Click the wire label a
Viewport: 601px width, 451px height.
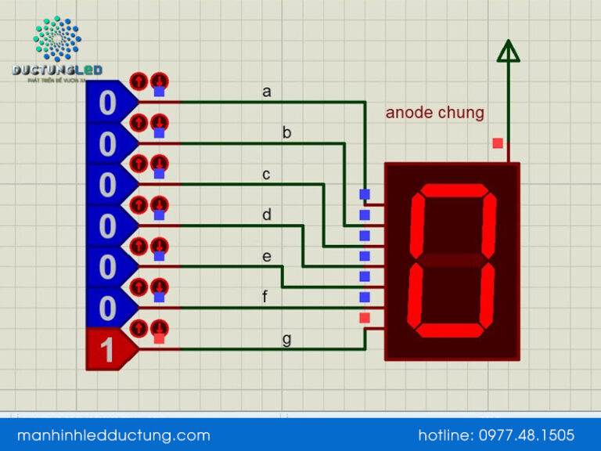pyautogui.click(x=267, y=92)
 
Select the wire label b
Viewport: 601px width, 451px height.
pyautogui.click(x=287, y=133)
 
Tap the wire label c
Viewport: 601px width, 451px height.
pyautogui.click(x=267, y=175)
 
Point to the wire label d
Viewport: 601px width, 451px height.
pyautogui.click(x=267, y=215)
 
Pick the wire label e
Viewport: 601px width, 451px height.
pyautogui.click(x=267, y=256)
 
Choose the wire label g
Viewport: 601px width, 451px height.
pyautogui.click(x=287, y=338)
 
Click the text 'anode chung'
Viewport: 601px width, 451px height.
pyautogui.click(x=434, y=113)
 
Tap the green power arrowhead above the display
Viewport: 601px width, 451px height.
pyautogui.click(x=509, y=51)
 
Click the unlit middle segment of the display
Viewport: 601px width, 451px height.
pyautogui.click(x=453, y=259)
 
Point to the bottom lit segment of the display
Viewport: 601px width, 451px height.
pyautogui.click(x=449, y=329)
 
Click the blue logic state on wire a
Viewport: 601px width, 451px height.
pyautogui.click(x=107, y=103)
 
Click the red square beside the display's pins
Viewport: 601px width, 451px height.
pyautogui.click(x=364, y=318)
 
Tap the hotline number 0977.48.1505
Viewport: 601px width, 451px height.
pyautogui.click(x=496, y=435)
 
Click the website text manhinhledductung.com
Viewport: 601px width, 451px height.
pyautogui.click(x=113, y=435)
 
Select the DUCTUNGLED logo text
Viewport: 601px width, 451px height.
pyautogui.click(x=57, y=70)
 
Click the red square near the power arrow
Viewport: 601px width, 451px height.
pyautogui.click(x=498, y=143)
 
